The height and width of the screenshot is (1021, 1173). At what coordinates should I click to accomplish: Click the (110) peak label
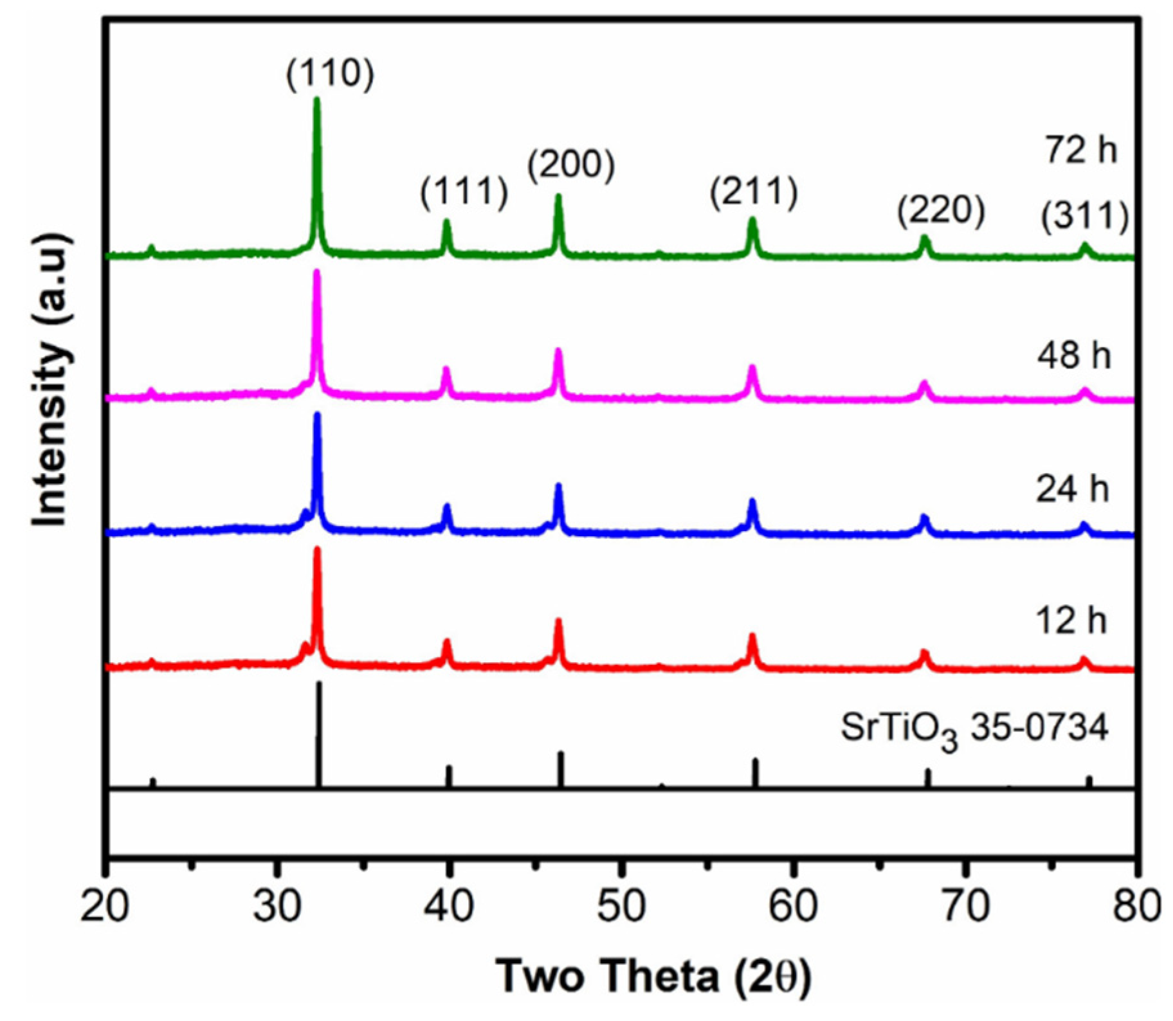(330, 75)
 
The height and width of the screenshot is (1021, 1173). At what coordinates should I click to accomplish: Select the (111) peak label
(464, 192)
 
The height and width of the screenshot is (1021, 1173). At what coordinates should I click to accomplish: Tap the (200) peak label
(571, 165)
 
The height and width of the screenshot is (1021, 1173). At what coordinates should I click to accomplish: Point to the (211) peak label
(754, 192)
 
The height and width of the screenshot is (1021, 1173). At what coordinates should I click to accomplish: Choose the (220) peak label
(941, 212)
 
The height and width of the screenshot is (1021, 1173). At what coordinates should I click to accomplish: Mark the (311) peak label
(1085, 217)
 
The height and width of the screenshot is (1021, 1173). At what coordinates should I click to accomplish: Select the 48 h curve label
(1074, 356)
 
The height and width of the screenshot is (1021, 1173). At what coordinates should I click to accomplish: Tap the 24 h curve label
(1073, 490)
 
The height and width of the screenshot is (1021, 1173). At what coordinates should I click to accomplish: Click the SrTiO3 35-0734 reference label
(974, 732)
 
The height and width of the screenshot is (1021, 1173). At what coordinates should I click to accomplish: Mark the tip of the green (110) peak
(316, 100)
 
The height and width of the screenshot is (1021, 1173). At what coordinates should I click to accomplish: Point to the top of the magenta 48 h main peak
(316, 273)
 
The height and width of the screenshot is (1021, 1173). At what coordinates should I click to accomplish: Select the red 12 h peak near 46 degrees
(558, 622)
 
